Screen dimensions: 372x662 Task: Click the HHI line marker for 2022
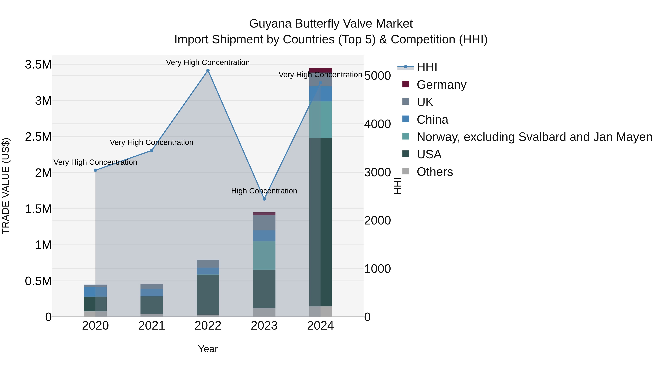point(208,70)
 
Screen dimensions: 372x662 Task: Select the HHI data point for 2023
point(264,199)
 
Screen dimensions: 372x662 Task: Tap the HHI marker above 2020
point(95,170)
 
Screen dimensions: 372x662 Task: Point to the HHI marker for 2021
point(152,150)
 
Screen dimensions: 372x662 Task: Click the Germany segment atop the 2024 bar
point(321,70)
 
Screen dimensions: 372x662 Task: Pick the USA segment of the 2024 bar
point(321,222)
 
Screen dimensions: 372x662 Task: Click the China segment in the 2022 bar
point(208,271)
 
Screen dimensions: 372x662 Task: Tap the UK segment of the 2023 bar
point(264,223)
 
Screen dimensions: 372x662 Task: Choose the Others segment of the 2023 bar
point(264,312)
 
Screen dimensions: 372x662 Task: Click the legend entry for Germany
point(441,85)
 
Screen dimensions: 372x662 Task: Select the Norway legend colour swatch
point(405,136)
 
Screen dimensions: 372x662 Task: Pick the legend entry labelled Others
point(434,172)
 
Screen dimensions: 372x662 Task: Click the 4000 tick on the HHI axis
point(378,124)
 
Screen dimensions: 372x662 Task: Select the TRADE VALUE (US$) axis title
point(6,186)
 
